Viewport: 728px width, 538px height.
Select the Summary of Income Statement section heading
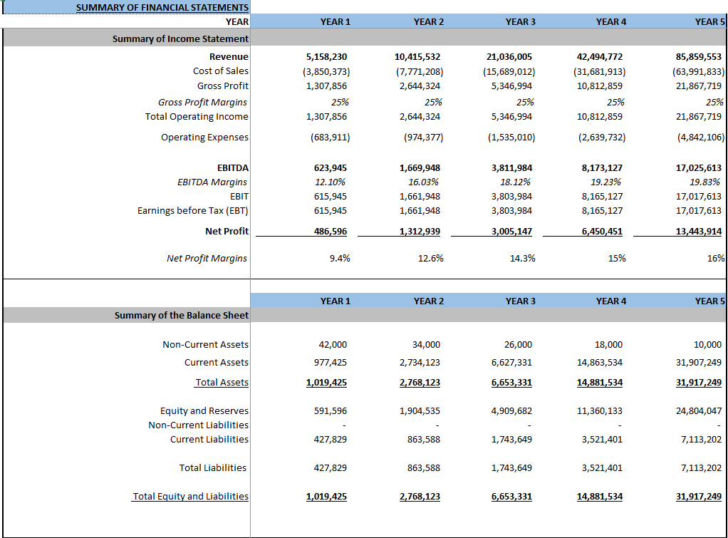(180, 38)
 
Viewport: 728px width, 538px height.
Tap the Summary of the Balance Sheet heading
(182, 315)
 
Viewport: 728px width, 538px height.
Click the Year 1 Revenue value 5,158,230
(326, 56)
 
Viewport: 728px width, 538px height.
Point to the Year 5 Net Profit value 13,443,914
(698, 231)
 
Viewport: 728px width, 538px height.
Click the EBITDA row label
(233, 168)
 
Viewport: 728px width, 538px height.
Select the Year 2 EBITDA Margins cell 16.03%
(426, 182)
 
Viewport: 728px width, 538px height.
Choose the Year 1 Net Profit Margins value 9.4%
(340, 258)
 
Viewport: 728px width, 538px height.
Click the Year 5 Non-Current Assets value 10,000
(707, 345)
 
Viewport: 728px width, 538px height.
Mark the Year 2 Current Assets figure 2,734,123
(420, 363)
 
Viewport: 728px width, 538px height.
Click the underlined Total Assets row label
(222, 383)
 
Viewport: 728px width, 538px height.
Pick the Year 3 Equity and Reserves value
(511, 411)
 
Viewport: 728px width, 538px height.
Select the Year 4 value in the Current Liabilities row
(602, 440)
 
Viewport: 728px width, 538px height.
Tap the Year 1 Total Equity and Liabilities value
(326, 497)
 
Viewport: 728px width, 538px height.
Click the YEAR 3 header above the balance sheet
(521, 301)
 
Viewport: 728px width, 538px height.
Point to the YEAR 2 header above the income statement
(428, 22)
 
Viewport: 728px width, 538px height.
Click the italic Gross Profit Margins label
(202, 102)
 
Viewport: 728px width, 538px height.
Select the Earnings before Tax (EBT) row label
(192, 211)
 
